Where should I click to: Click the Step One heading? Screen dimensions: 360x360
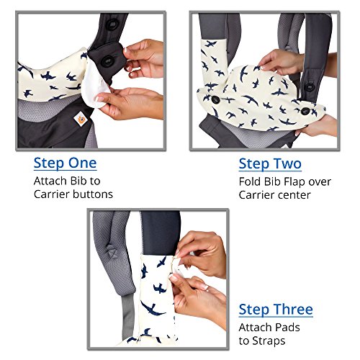(66, 163)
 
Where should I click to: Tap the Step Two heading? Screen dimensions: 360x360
(270, 164)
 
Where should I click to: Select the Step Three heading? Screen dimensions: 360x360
(276, 310)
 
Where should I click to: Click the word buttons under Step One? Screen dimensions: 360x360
(93, 194)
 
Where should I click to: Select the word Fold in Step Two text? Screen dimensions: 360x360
(249, 181)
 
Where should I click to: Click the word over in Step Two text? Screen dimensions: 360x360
(320, 182)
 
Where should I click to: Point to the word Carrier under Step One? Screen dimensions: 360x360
(51, 194)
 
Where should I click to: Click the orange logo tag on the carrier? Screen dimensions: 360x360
(79, 119)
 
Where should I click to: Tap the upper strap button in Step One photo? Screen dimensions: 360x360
(111, 24)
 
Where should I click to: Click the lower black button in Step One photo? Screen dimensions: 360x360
(107, 61)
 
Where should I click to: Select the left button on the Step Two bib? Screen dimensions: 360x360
(214, 99)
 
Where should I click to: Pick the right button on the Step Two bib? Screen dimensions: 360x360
(305, 111)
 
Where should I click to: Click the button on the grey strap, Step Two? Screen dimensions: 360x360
(310, 86)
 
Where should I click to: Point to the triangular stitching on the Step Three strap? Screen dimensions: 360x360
(111, 253)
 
